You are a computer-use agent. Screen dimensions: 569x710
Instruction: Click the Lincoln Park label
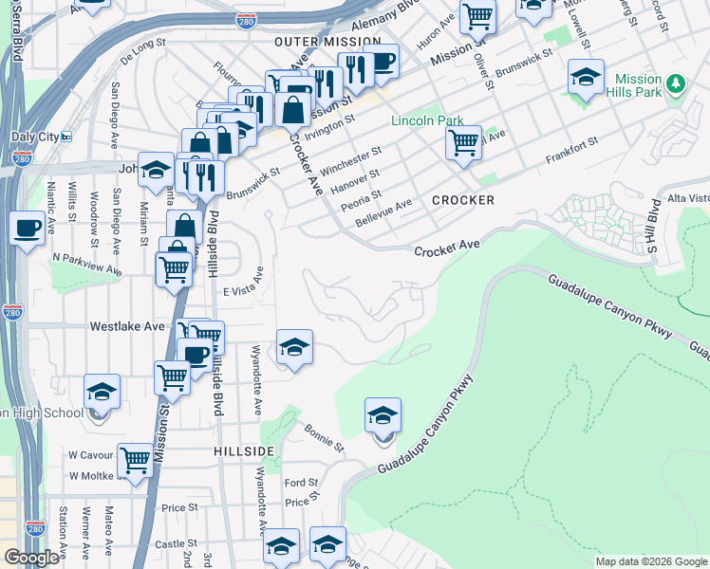click(427, 121)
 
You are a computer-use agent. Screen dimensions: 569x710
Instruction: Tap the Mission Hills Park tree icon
click(676, 84)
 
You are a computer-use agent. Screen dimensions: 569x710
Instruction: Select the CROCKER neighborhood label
click(463, 200)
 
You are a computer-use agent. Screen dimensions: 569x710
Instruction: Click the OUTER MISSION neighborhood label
click(327, 43)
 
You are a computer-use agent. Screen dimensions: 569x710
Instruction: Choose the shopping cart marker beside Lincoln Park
click(463, 143)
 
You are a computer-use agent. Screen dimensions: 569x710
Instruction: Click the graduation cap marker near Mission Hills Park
click(586, 76)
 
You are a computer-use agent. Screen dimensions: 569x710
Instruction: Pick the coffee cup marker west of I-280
click(27, 228)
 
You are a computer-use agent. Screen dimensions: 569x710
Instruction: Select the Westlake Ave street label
click(127, 326)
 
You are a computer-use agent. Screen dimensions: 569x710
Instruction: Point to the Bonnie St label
click(324, 437)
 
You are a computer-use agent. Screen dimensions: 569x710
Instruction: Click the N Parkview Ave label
click(87, 263)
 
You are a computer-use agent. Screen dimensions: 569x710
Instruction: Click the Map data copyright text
click(651, 561)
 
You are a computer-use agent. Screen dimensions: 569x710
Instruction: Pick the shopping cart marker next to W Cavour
click(136, 461)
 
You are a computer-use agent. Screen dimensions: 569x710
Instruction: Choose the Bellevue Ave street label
click(384, 210)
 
